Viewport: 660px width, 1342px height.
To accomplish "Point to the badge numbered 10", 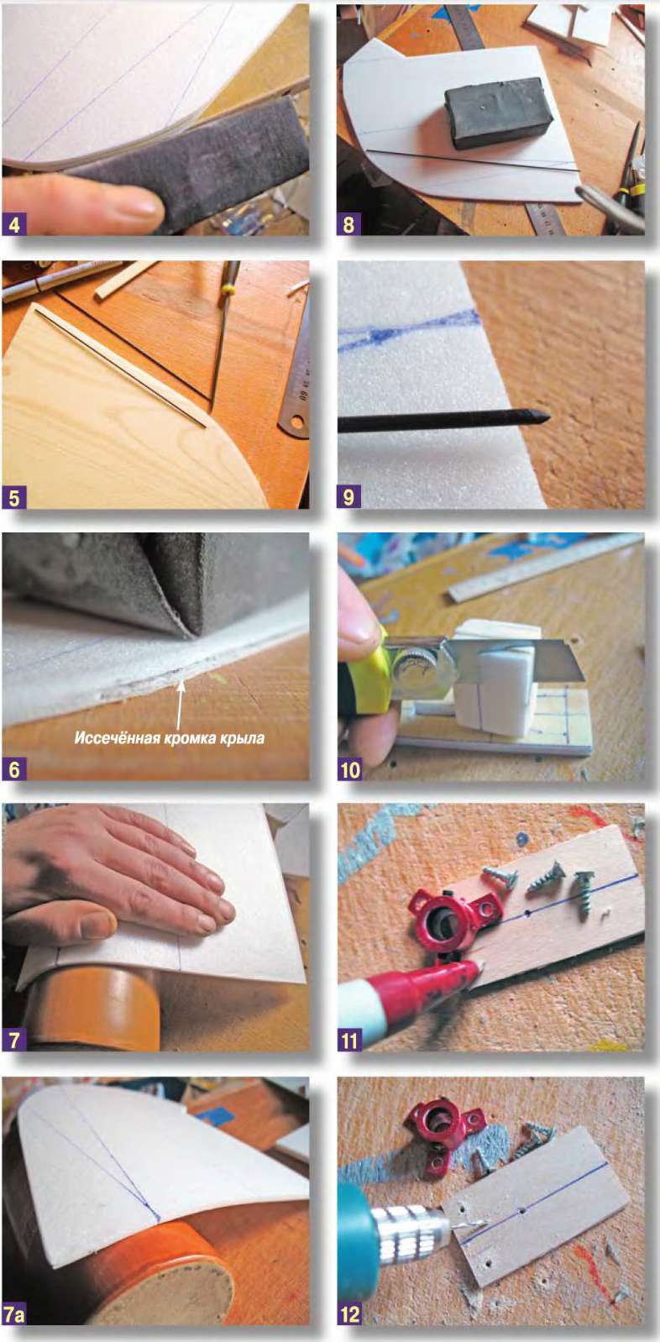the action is point(350,769).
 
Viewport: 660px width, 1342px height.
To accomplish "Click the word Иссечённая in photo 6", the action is point(111,737).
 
